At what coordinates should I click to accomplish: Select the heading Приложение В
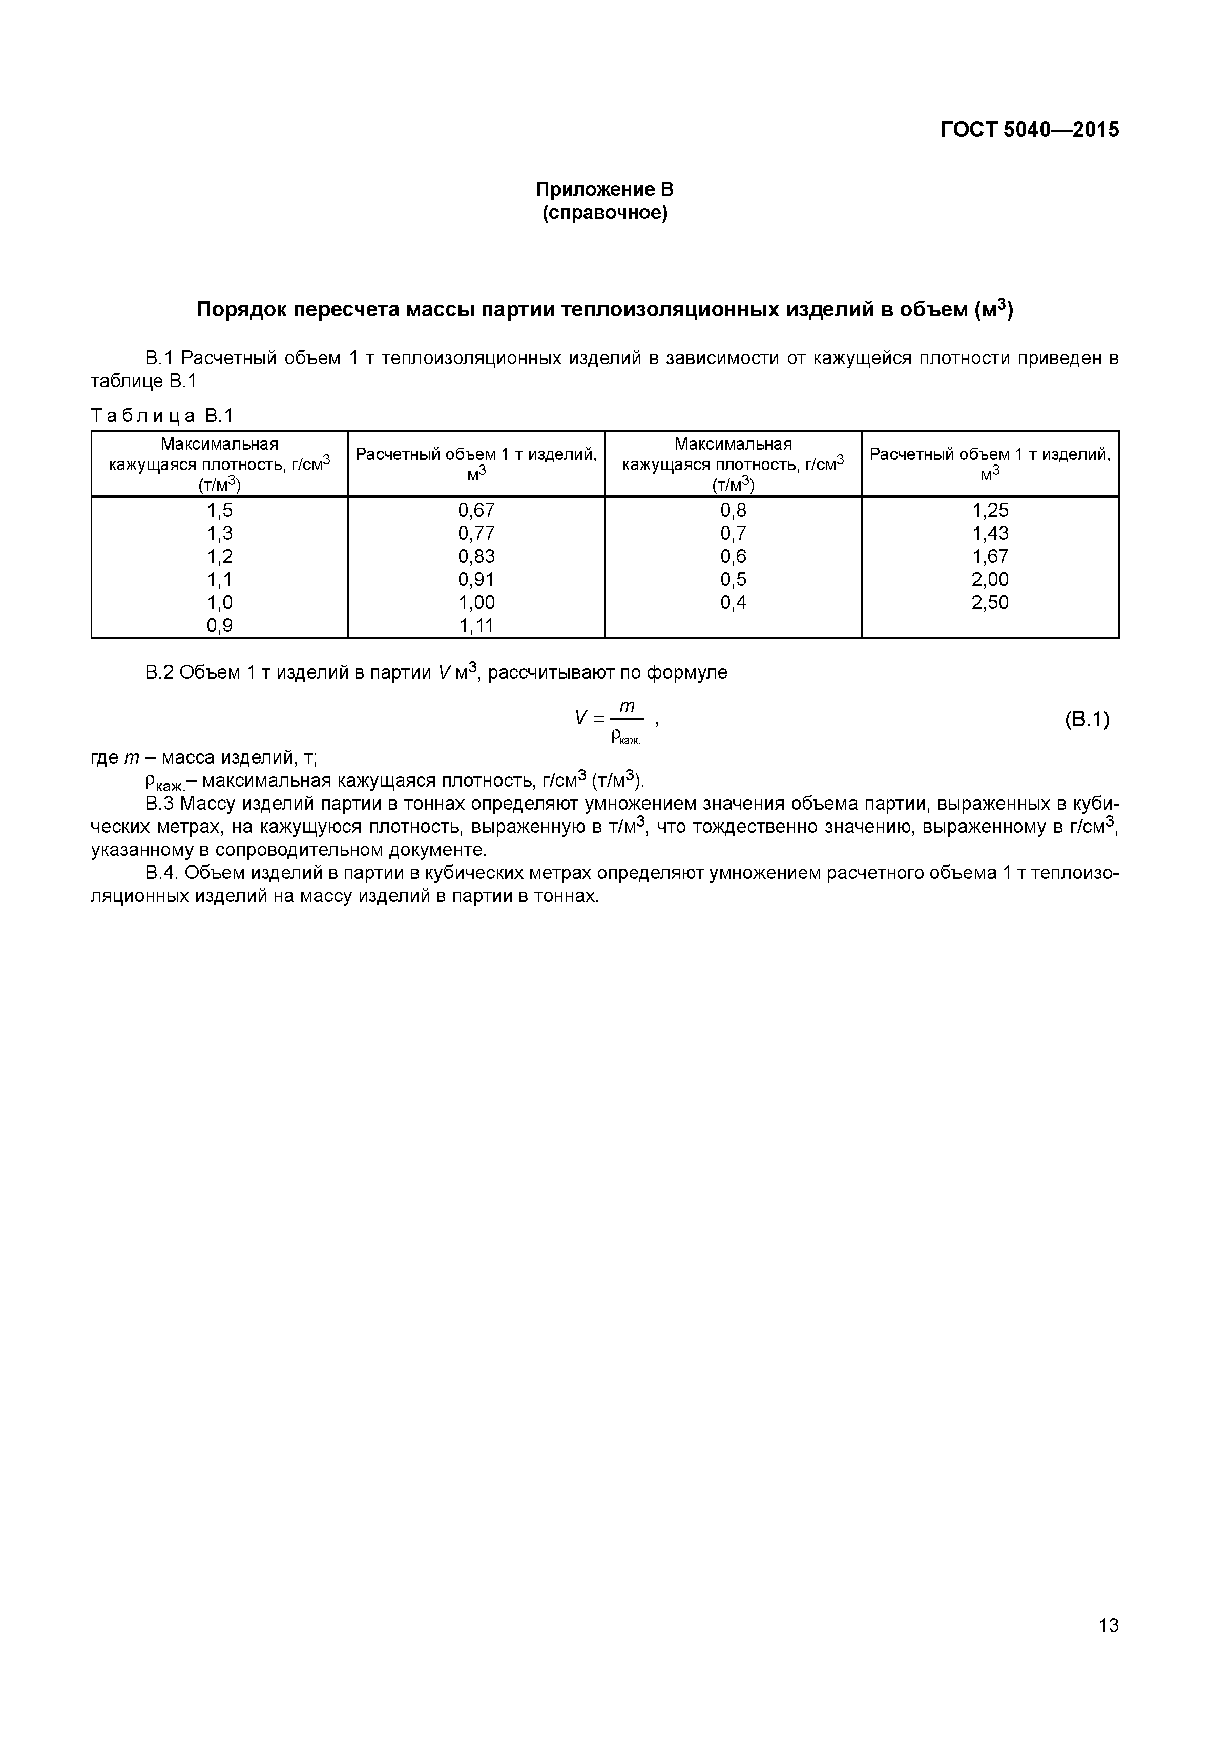coord(604,189)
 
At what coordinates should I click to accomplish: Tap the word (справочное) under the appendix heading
coord(604,213)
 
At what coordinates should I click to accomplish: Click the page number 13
coord(1108,1646)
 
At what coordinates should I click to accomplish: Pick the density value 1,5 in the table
coord(220,510)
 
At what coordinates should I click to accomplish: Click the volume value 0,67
coord(476,510)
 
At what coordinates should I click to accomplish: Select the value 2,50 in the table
coord(990,603)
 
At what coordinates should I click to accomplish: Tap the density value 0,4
coord(733,603)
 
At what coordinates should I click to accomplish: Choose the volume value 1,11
coord(476,625)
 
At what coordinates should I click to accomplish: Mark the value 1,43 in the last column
coord(990,533)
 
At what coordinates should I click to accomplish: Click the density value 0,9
coord(220,625)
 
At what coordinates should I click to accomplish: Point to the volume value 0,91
coord(476,579)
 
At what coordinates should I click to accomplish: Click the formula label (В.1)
coord(1087,718)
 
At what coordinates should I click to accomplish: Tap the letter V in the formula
coord(581,717)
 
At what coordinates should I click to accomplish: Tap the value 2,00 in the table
coord(990,579)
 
